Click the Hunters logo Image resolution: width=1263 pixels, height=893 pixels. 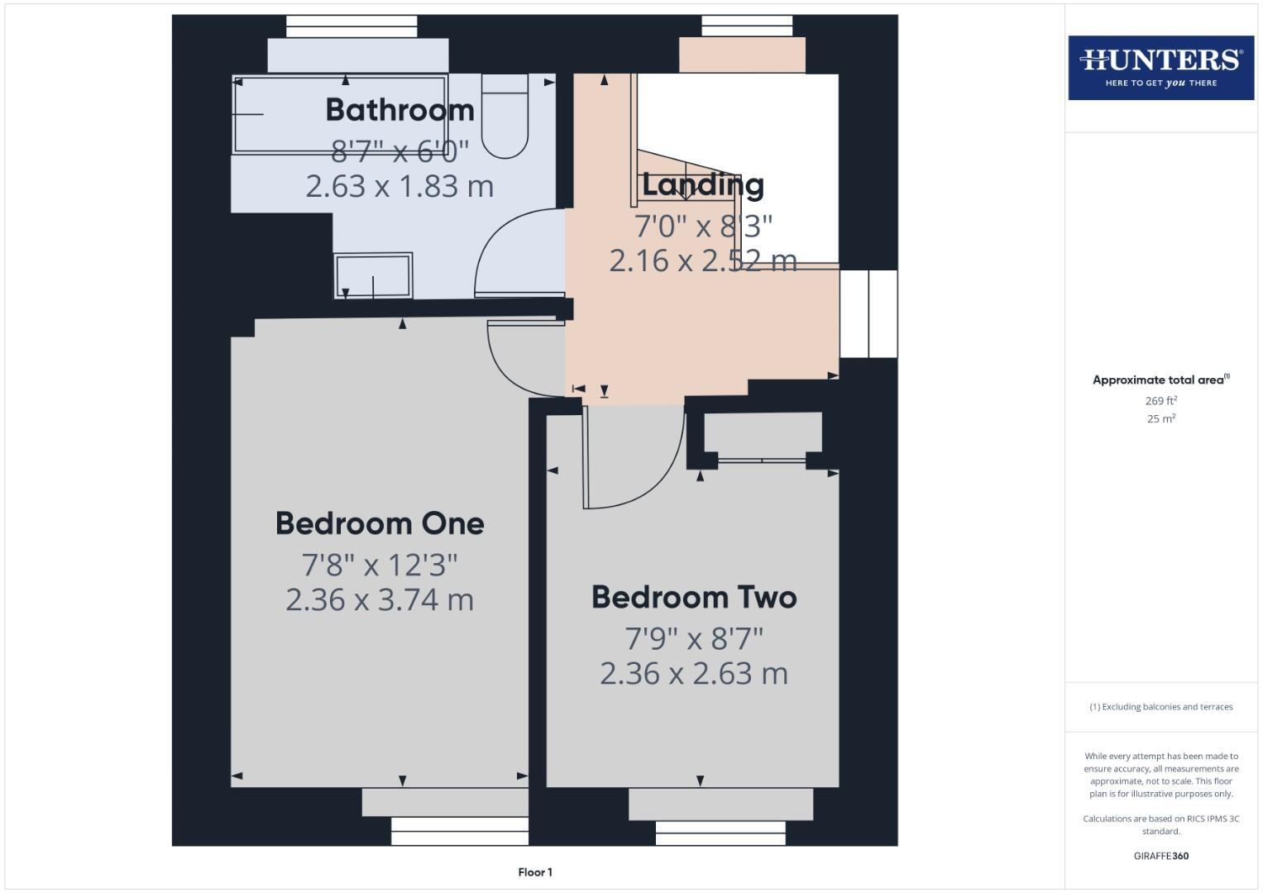1160,67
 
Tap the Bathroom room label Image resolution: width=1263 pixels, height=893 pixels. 399,110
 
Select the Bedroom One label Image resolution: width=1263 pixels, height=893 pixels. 380,523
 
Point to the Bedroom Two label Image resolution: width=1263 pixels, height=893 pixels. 694,597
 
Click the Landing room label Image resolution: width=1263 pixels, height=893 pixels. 702,184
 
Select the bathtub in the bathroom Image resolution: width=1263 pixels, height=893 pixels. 340,114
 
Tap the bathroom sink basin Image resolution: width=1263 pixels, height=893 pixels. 373,275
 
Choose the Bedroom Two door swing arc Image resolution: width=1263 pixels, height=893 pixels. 637,463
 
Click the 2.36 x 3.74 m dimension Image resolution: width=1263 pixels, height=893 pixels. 380,599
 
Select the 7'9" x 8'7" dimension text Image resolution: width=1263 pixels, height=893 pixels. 694,638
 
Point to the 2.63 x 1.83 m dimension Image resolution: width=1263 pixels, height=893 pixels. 399,186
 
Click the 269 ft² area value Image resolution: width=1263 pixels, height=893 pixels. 1160,401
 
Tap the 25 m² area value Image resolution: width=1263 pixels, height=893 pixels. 1160,419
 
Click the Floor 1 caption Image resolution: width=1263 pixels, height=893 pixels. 535,872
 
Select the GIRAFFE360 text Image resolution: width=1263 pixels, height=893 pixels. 1160,856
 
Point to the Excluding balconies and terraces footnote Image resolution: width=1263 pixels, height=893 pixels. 1160,707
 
